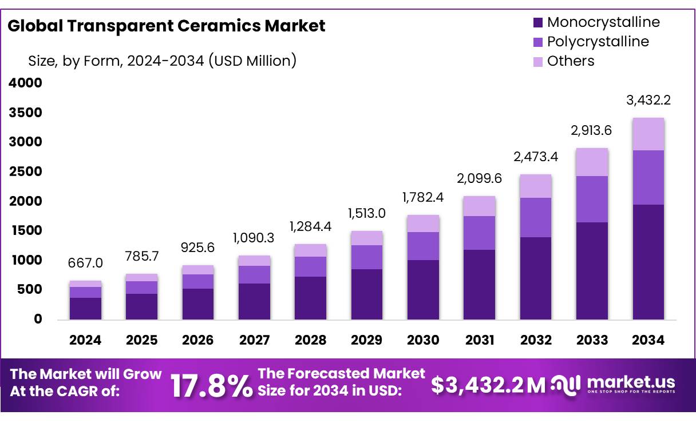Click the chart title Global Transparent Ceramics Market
pyautogui.click(x=167, y=26)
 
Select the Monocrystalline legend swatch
pyautogui.click(x=537, y=23)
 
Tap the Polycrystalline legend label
pyautogui.click(x=598, y=42)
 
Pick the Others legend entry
pyautogui.click(x=570, y=61)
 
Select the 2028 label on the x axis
pyautogui.click(x=310, y=340)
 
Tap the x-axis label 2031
pyautogui.click(x=480, y=340)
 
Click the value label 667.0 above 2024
pyautogui.click(x=85, y=263)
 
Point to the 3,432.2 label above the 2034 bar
pyautogui.click(x=648, y=101)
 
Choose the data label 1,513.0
pyautogui.click(x=366, y=213)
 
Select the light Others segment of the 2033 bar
pyautogui.click(x=592, y=162)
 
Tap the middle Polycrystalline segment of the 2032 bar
pyautogui.click(x=536, y=217)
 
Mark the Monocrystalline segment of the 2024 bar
pyautogui.click(x=85, y=308)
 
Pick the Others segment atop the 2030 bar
pyautogui.click(x=423, y=224)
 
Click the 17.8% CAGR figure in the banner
pyautogui.click(x=211, y=386)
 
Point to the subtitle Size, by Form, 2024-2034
pyautogui.click(x=162, y=61)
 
